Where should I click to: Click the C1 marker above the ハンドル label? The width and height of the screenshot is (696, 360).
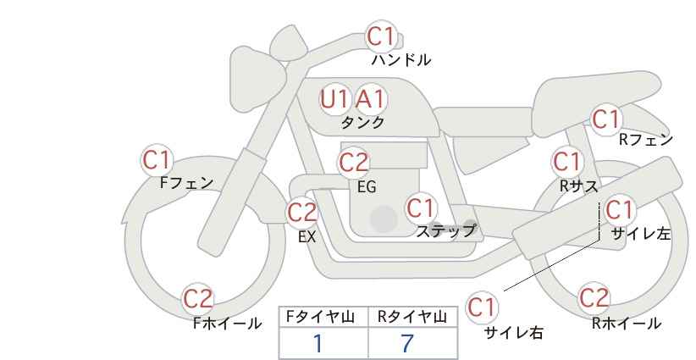pos(381,36)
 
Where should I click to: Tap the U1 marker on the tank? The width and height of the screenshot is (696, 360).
pos(334,99)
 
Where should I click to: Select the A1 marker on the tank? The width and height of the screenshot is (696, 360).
pos(371,99)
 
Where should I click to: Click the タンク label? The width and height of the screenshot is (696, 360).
pos(362,123)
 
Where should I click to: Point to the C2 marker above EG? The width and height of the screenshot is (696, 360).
pos(353,163)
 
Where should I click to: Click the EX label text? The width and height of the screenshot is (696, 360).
pos(307,237)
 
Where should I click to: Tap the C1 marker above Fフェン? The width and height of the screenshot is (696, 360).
pos(157,160)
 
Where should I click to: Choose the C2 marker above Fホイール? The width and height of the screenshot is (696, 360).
pos(198,299)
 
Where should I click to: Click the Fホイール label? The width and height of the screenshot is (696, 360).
pos(227,324)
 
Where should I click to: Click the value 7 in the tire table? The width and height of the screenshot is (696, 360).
pos(407,343)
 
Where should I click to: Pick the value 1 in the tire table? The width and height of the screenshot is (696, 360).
pos(318,343)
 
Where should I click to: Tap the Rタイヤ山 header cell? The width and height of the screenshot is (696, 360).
pos(412,317)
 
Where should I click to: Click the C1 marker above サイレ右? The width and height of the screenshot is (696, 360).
pos(482,307)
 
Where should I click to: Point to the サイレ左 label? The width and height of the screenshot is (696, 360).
pos(641,234)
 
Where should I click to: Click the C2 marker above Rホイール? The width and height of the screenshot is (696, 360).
pos(594,298)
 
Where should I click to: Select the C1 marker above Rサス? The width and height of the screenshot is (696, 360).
pos(567,162)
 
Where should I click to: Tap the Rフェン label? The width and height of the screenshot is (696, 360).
pos(646,141)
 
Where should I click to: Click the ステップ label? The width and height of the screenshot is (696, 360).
pos(445,231)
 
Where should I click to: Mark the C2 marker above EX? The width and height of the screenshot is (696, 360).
pos(302,213)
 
